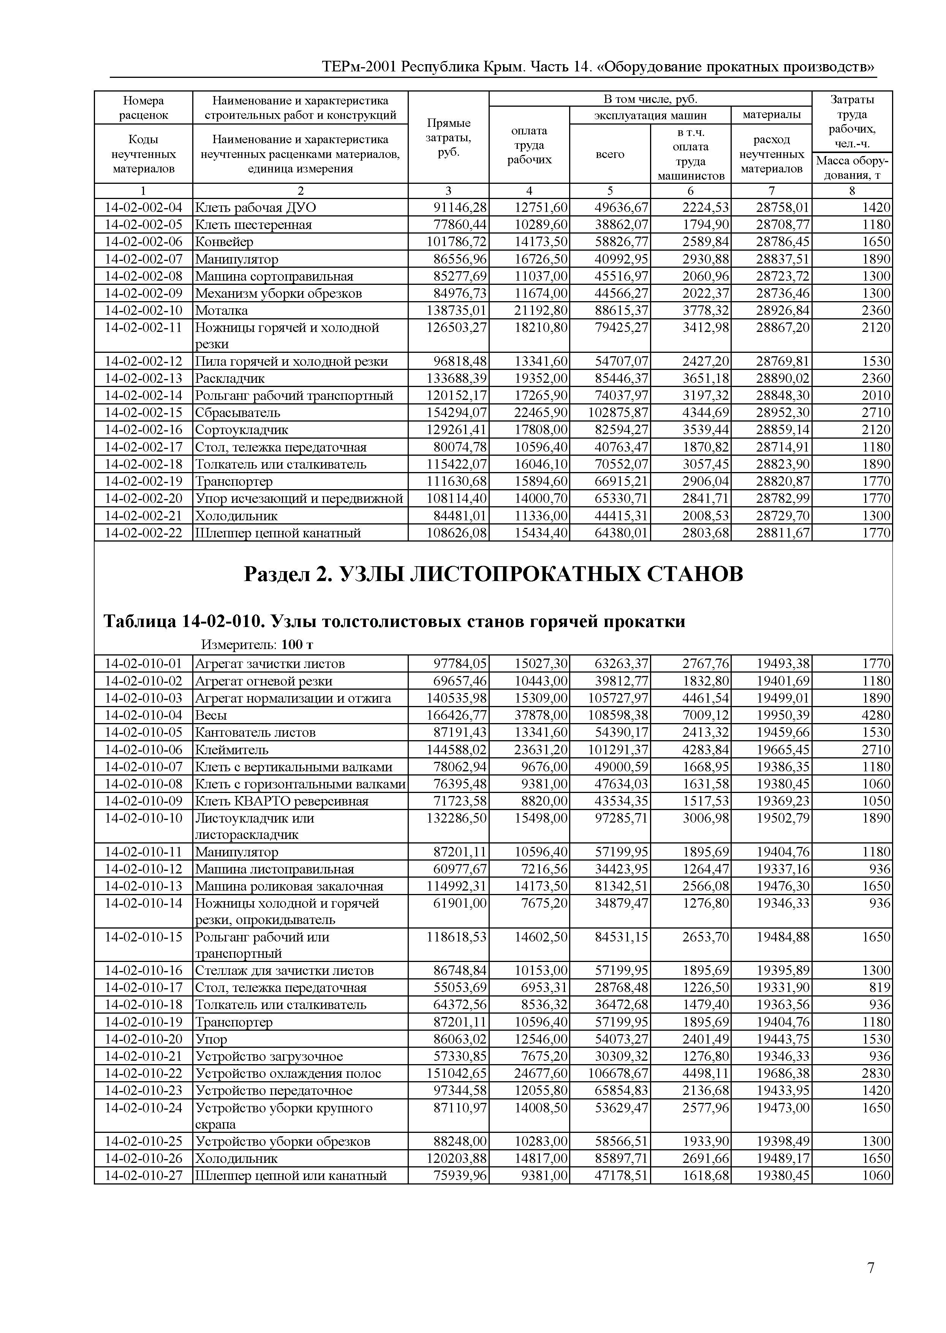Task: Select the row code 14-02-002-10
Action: tap(143, 310)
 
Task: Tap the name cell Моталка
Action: tap(221, 310)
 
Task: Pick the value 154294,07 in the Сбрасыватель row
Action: tap(457, 413)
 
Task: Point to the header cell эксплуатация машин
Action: tap(650, 115)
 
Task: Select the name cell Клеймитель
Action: tap(231, 750)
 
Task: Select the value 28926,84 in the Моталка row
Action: tap(782, 310)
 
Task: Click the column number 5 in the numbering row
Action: tap(609, 191)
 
